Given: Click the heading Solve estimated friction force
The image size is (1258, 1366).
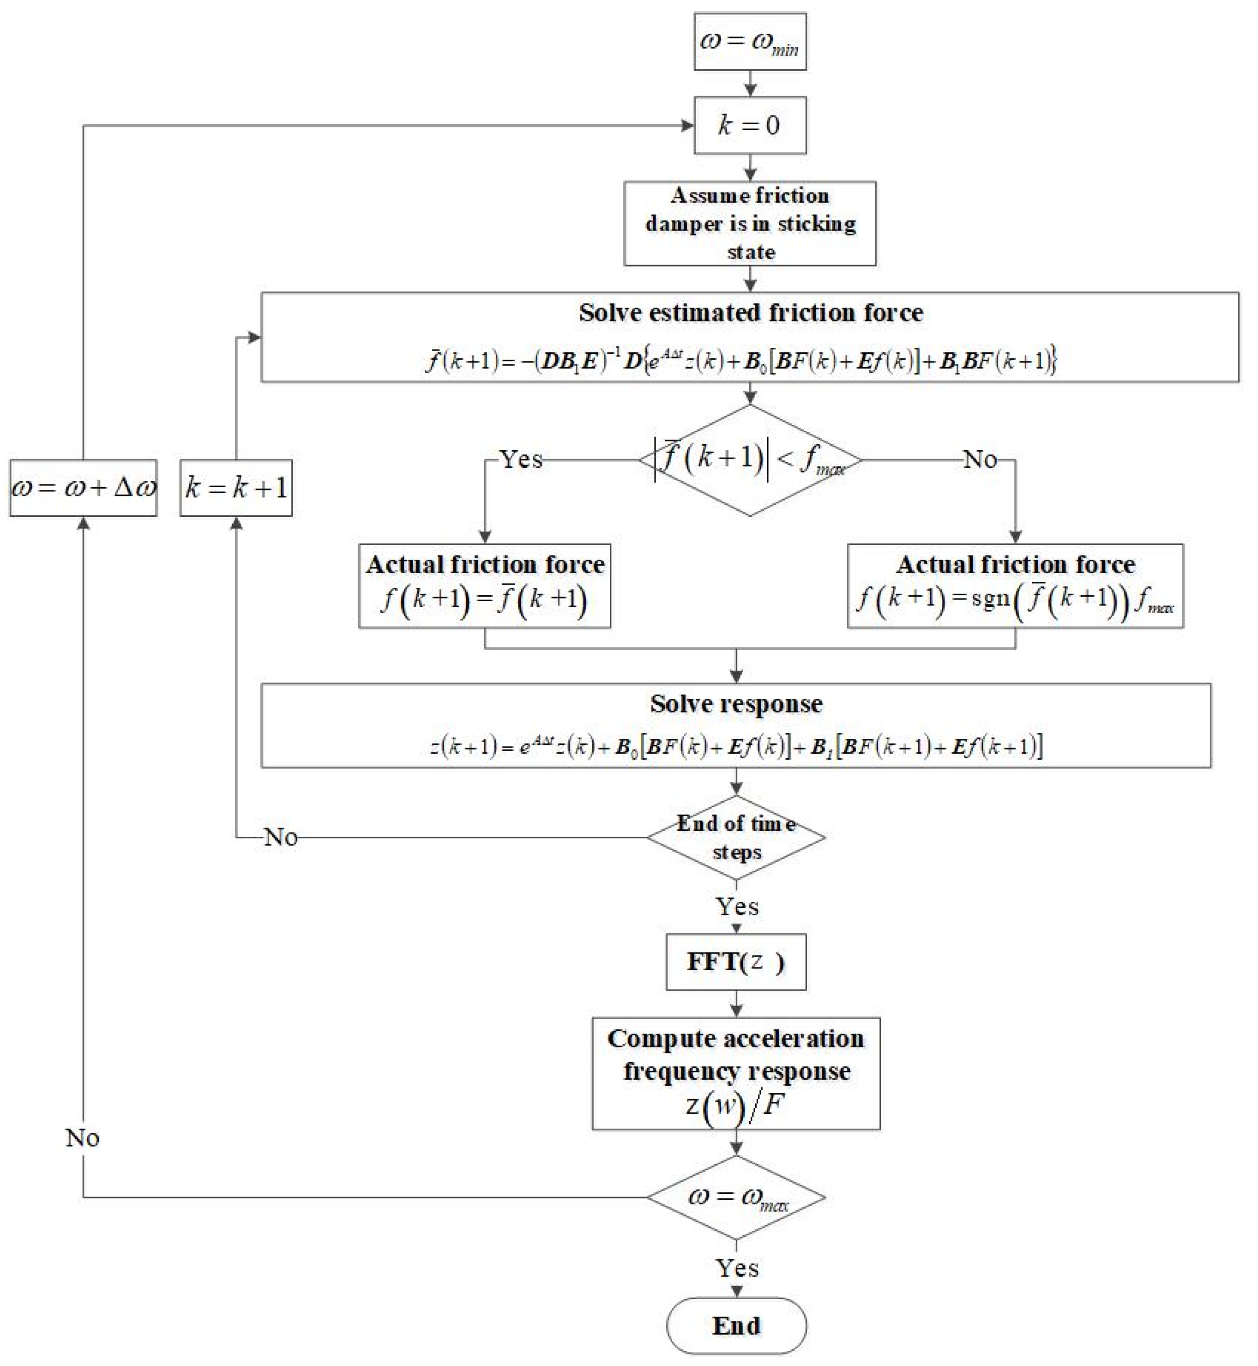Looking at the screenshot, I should pyautogui.click(x=750, y=313).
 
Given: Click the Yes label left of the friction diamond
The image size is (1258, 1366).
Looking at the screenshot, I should pyautogui.click(x=521, y=459).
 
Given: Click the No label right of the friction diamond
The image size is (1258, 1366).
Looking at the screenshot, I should pyautogui.click(x=980, y=459).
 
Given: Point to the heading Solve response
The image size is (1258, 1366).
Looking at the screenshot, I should pyautogui.click(x=736, y=703).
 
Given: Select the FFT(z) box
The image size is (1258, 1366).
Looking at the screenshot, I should pyautogui.click(x=736, y=961).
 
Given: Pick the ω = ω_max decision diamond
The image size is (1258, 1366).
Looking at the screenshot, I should pyautogui.click(x=736, y=1197).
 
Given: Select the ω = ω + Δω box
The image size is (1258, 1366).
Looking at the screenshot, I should pyautogui.click(x=83, y=488).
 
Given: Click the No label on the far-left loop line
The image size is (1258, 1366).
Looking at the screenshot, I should pyautogui.click(x=82, y=1137).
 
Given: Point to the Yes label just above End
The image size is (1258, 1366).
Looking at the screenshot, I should pyautogui.click(x=736, y=1268).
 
